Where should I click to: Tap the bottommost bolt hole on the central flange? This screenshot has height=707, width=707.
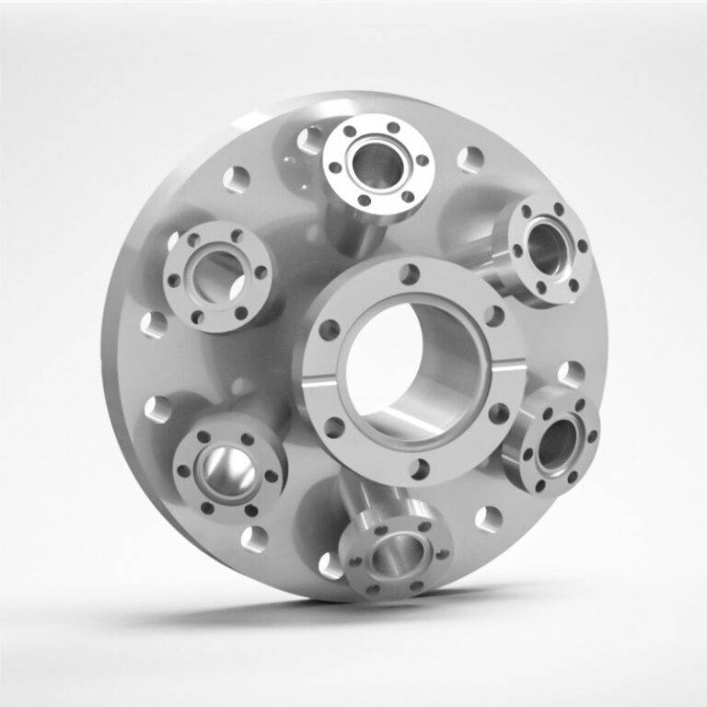[x=419, y=469]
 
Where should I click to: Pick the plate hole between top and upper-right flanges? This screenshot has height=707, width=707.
[x=470, y=159]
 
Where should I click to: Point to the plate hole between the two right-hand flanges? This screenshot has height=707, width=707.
[x=571, y=374]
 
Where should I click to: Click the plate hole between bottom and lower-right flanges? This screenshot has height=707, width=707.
[x=487, y=519]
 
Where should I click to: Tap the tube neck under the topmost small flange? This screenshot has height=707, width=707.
[x=353, y=230]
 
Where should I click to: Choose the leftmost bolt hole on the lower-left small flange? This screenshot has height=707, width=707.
[x=183, y=470]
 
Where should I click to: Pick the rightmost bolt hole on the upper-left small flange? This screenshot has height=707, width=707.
[x=261, y=272]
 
